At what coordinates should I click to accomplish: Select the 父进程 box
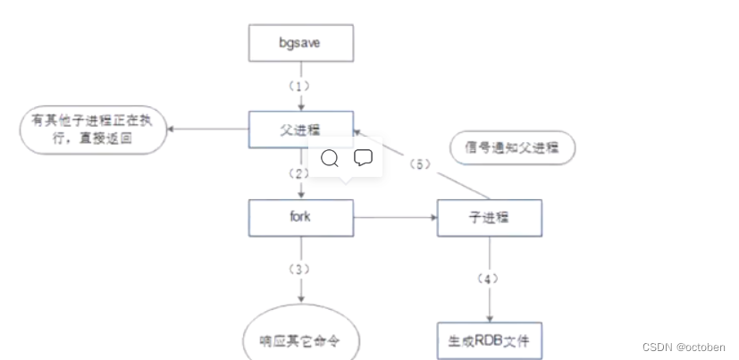[x=301, y=130]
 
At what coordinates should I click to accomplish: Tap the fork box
[x=301, y=217]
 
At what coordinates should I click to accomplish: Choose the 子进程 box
[x=489, y=217]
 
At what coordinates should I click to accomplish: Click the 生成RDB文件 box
[x=489, y=340]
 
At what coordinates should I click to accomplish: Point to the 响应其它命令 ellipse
[x=301, y=341]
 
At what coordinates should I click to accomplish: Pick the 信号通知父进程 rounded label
[x=512, y=149]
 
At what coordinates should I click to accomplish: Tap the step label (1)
[x=301, y=87]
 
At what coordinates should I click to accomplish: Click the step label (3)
[x=301, y=267]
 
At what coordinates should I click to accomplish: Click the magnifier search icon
[x=329, y=158]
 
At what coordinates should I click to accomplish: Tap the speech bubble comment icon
[x=363, y=158]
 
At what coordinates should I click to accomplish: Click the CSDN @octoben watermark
[x=684, y=347]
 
